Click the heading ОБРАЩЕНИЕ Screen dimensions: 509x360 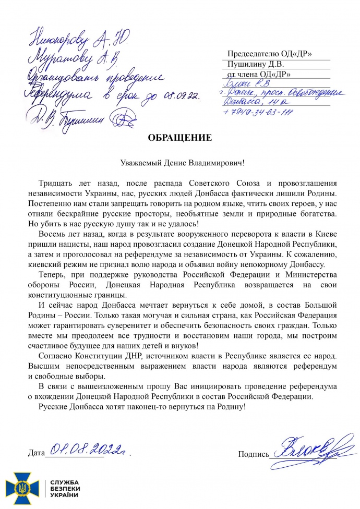tap(180, 138)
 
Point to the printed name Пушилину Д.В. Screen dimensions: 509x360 tap(254, 65)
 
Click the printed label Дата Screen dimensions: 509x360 tap(35, 454)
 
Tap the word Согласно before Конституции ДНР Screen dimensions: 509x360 tap(55, 356)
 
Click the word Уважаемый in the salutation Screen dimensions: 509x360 tap(137, 163)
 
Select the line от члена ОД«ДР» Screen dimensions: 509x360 tap(257, 75)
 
